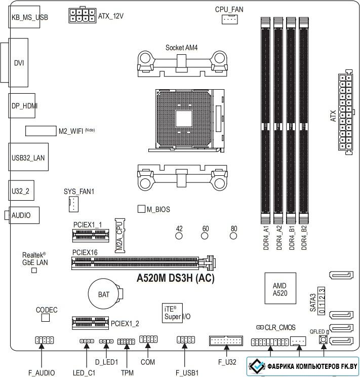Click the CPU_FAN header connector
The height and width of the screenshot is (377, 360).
pyautogui.click(x=229, y=19)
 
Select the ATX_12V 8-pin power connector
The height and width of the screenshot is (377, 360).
pyautogui.click(x=82, y=15)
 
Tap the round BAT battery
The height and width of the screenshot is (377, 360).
pyautogui.click(x=104, y=294)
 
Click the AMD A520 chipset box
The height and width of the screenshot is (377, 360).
pyautogui.click(x=280, y=288)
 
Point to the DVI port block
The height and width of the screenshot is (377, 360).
pyautogui.click(x=18, y=62)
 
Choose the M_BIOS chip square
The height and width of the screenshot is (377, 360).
pyautogui.click(x=141, y=209)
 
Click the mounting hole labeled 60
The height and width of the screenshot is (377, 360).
pyautogui.click(x=205, y=236)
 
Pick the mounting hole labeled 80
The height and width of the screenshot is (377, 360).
pyautogui.click(x=233, y=236)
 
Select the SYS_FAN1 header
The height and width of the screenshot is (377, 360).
pyautogui.click(x=73, y=204)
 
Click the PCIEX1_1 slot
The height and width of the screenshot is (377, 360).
pyautogui.click(x=91, y=235)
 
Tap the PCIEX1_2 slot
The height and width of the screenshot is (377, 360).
pyautogui.click(x=90, y=323)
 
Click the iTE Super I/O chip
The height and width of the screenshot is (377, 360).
pyautogui.click(x=172, y=313)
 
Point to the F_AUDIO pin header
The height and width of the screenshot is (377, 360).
pyautogui.click(x=45, y=340)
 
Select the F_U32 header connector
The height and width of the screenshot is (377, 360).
pyautogui.click(x=226, y=341)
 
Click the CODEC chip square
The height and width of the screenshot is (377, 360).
pyautogui.click(x=46, y=318)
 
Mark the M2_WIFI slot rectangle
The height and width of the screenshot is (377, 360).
pyautogui.click(x=41, y=131)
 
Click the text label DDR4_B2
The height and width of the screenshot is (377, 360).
pyautogui.click(x=304, y=238)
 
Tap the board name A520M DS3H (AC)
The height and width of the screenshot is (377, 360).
pyautogui.click(x=175, y=278)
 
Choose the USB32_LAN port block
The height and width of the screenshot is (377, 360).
pyautogui.click(x=28, y=157)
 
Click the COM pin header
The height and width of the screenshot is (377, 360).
pyautogui.click(x=148, y=340)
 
